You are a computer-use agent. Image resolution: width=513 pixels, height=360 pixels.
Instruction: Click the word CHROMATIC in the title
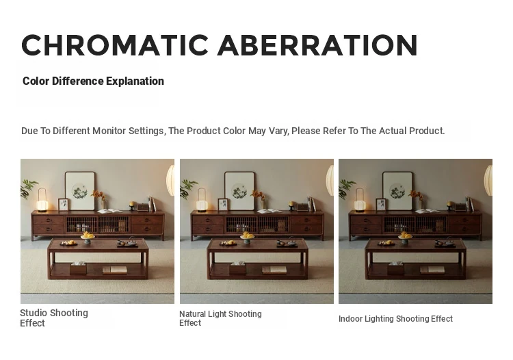pyautogui.click(x=115, y=45)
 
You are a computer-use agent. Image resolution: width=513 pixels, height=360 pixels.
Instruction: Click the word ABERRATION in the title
pyautogui.click(x=317, y=45)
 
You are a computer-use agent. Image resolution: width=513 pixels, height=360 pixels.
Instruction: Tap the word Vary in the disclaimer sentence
pyautogui.click(x=279, y=131)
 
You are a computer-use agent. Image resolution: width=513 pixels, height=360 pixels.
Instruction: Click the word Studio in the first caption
pyautogui.click(x=34, y=313)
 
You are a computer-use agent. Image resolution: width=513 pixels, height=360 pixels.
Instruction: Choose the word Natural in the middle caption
pyautogui.click(x=192, y=314)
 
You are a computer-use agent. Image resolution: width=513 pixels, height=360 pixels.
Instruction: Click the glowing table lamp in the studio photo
pyautogui.click(x=42, y=200)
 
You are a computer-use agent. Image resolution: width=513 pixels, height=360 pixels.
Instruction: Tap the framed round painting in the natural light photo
pyautogui.click(x=239, y=191)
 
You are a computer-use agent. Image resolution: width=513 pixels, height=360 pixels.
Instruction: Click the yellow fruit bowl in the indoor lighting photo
pyautogui.click(x=405, y=237)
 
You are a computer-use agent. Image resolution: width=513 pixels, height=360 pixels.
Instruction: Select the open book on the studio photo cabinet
pyautogui.click(x=110, y=211)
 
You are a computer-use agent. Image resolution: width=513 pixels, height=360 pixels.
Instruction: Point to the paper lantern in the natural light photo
pyautogui.click(x=330, y=180)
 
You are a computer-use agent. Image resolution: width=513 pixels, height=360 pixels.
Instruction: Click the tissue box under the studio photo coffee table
pyautogui.click(x=78, y=268)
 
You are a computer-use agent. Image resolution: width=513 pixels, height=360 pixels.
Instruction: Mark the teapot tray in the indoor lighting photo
pyautogui.click(x=445, y=244)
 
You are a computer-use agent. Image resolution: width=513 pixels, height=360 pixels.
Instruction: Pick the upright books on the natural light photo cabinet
pyautogui.click(x=311, y=204)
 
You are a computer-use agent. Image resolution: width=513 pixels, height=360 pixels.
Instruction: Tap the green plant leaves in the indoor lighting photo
pyautogui.click(x=345, y=188)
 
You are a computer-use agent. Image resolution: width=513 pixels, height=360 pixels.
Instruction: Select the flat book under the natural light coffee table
pyautogui.click(x=274, y=270)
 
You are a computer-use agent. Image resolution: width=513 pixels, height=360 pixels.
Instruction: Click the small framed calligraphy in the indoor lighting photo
pyautogui.click(x=381, y=205)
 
